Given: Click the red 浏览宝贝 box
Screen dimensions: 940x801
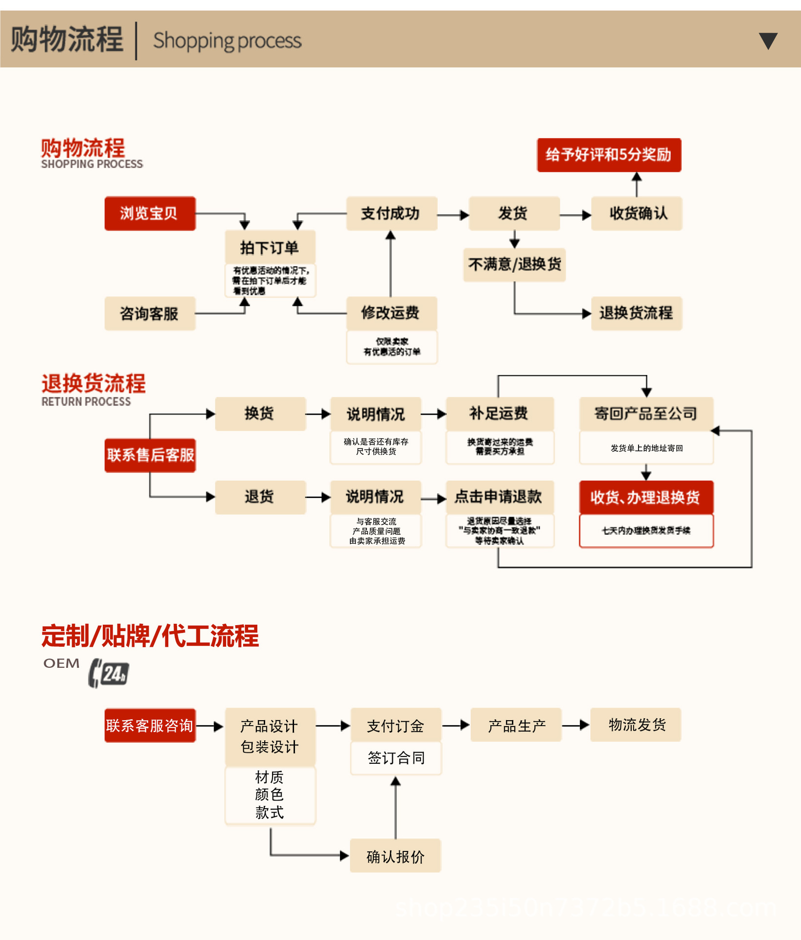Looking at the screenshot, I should tap(150, 213).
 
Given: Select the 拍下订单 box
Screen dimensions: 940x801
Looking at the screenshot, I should tap(270, 248).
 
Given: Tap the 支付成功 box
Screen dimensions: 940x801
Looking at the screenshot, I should tap(391, 213).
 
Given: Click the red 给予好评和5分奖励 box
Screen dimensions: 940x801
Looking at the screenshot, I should tap(609, 155).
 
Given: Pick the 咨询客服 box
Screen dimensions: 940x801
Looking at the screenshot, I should tap(150, 313).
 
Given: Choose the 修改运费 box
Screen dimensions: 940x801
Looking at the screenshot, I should tap(391, 313).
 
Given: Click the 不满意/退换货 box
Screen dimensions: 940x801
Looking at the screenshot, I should tap(514, 265).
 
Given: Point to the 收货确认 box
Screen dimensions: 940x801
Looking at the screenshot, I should tap(637, 213).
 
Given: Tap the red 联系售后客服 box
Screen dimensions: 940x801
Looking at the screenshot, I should tap(150, 455).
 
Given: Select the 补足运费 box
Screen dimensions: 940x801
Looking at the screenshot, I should tap(499, 414).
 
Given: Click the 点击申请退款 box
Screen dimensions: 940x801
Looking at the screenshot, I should tap(499, 497).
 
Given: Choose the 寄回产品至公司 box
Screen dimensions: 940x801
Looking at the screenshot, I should tap(646, 414).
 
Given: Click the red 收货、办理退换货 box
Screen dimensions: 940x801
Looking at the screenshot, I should tap(646, 497).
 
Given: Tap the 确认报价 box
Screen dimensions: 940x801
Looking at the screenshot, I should tap(395, 856).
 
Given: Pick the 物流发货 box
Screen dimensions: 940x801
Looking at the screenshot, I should tap(636, 725).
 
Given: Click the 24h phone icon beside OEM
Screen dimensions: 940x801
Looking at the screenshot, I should tap(109, 673).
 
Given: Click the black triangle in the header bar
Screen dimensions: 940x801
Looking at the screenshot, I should tap(768, 41).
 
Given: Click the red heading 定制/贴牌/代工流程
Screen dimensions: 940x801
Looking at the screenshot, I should tap(150, 636).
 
